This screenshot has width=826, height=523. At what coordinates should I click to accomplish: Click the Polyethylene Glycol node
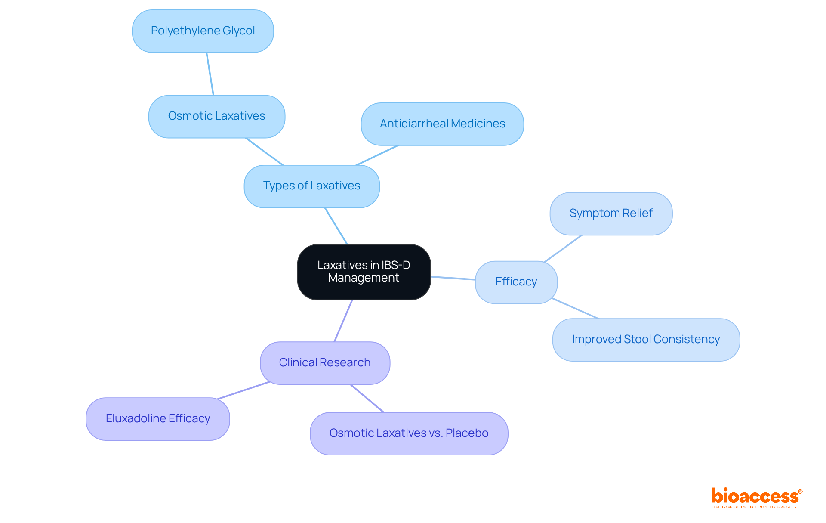[x=203, y=31]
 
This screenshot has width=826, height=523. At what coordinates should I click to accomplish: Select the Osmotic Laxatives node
[x=216, y=116]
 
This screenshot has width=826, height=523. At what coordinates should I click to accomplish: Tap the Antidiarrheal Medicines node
[x=442, y=124]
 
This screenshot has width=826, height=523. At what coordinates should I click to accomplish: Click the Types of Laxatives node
[x=311, y=186]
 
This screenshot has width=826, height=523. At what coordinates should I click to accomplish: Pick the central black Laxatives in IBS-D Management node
[x=364, y=272]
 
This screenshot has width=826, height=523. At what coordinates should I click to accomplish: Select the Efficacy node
[x=516, y=282]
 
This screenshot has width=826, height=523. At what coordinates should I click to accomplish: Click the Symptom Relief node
[x=610, y=214]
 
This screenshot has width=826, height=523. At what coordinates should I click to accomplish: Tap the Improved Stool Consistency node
[x=645, y=340]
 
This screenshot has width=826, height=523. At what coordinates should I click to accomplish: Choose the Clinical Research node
[x=324, y=363]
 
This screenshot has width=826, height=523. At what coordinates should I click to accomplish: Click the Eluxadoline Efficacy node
[x=157, y=419]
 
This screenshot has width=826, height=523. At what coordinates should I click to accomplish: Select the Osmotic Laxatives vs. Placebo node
[x=408, y=433]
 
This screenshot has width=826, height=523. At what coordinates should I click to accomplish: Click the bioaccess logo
[x=756, y=497]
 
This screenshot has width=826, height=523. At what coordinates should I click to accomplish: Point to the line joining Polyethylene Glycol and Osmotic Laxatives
[x=210, y=74]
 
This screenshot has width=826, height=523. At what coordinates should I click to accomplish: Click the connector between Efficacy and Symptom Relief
[x=563, y=248]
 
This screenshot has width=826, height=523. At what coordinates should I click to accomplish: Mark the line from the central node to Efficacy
[x=453, y=278]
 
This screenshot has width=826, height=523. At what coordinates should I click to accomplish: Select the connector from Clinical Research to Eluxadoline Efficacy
[x=243, y=390]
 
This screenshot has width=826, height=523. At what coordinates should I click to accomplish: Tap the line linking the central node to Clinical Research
[x=343, y=321]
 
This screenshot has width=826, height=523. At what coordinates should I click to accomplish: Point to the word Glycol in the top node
[x=238, y=31]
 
